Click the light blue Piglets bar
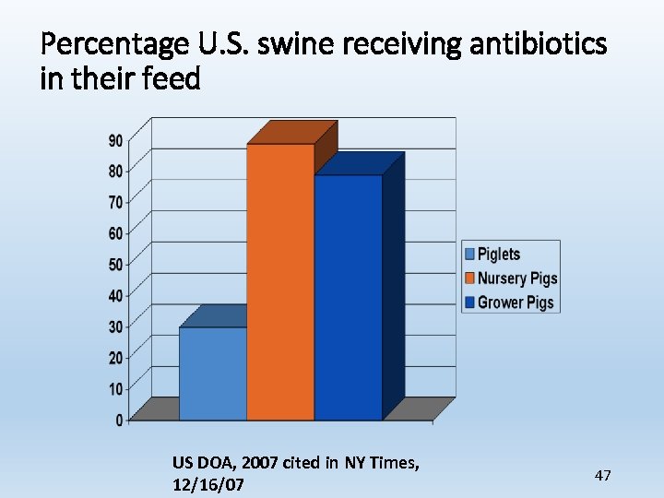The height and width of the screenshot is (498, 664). [x=213, y=373]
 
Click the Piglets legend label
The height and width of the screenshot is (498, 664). [x=498, y=255]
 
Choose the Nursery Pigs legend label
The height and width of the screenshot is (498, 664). [x=516, y=279]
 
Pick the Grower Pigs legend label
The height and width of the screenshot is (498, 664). [x=515, y=302]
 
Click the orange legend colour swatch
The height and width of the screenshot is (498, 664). [x=470, y=279]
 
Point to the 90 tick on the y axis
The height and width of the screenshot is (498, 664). [x=116, y=140]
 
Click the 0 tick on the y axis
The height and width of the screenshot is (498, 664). [x=120, y=421]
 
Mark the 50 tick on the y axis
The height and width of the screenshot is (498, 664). [x=116, y=265]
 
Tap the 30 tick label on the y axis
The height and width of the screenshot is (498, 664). [x=116, y=327]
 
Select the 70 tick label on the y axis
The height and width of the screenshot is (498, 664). [x=116, y=202]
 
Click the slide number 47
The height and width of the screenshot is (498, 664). [x=603, y=475]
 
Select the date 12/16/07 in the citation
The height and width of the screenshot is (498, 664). [x=208, y=484]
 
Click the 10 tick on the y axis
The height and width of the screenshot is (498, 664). [x=116, y=389]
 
